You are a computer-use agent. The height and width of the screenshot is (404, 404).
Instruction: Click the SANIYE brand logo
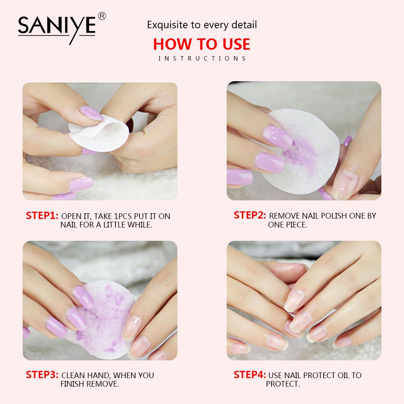point(57,27)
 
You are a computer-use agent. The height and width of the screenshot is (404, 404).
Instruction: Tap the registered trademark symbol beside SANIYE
point(102,16)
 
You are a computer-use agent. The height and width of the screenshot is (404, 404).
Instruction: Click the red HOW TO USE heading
point(202,44)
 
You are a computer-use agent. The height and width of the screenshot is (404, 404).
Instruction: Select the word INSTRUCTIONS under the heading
point(202,59)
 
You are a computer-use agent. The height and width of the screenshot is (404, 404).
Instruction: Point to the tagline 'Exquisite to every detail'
point(202,25)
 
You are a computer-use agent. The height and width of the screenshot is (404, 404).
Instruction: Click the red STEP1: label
point(42,216)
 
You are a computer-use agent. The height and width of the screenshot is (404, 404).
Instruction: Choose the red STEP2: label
point(250,216)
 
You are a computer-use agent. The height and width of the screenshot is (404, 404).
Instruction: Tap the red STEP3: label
point(42,375)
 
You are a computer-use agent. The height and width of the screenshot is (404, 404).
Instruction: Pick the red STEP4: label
point(250,375)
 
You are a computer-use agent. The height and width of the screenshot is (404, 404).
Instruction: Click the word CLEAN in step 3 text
point(74,375)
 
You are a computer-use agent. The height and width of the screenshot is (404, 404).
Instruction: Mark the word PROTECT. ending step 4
point(283,384)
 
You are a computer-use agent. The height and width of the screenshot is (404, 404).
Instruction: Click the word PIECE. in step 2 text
point(294,225)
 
